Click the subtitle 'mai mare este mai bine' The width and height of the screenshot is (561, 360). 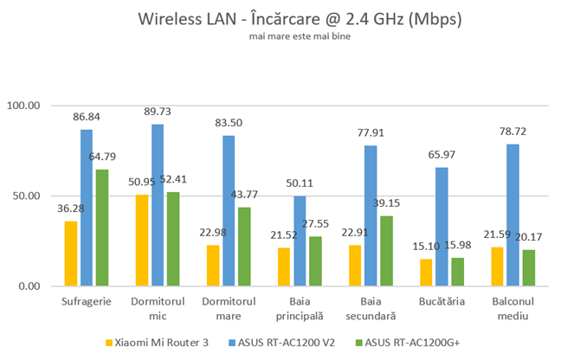(x=281, y=36)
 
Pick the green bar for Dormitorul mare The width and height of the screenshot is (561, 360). (x=244, y=247)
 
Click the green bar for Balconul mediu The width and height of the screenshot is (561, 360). (x=528, y=267)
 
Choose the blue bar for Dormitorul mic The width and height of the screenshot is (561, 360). (x=158, y=205)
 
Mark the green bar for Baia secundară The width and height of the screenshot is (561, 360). (x=386, y=250)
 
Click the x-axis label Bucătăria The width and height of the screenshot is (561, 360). (x=442, y=302)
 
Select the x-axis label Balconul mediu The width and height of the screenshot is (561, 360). (x=513, y=308)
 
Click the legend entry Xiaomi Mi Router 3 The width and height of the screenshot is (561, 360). (x=163, y=342)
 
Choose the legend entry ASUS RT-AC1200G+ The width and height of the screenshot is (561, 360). (x=411, y=342)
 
